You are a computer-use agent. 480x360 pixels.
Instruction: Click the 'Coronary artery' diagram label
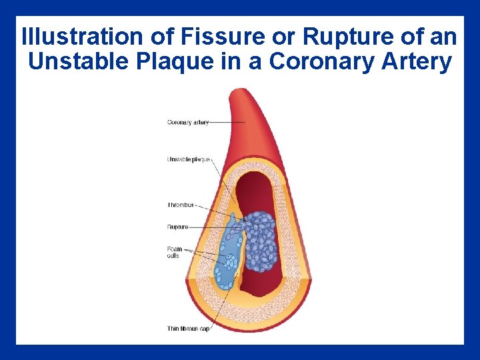[x=187, y=123]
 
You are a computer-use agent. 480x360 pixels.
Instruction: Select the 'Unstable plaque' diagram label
[x=189, y=159]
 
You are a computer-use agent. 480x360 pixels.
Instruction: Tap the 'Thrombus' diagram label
[x=180, y=205]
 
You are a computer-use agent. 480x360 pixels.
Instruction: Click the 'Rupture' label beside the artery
[x=177, y=227]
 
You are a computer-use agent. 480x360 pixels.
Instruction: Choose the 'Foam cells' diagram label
[x=175, y=252]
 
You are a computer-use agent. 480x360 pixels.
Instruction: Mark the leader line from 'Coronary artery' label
[x=227, y=123]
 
